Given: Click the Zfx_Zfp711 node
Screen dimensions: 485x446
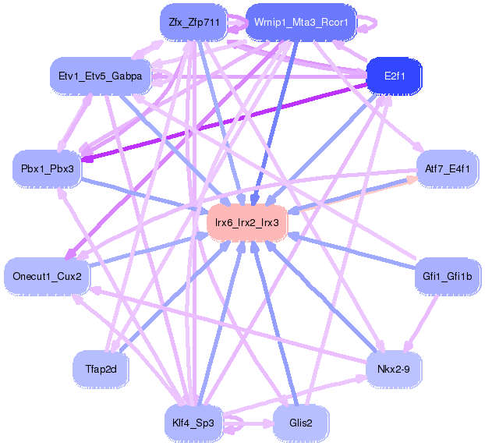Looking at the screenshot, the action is (x=193, y=23).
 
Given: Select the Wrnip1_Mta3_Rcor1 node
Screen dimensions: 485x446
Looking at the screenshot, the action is (x=301, y=23).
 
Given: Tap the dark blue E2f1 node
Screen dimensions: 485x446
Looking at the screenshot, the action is (x=394, y=76).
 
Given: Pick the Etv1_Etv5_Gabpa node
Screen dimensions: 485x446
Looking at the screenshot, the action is (x=101, y=76).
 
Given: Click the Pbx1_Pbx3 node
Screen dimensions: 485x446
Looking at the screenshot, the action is (x=47, y=169).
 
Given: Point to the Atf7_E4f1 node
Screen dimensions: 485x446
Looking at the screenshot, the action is (x=448, y=169).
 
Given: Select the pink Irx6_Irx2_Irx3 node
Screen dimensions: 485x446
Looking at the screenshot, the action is (x=247, y=222).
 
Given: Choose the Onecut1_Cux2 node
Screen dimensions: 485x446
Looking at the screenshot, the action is (x=47, y=276).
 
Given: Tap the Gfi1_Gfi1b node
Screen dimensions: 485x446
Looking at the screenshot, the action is (x=448, y=276).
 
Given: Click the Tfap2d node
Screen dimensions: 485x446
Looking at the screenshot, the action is (x=101, y=369).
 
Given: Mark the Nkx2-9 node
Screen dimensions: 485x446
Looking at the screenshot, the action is (x=394, y=369).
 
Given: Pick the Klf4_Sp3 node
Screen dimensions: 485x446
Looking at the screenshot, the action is (x=193, y=423).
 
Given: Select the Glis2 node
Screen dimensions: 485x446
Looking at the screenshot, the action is (x=301, y=423).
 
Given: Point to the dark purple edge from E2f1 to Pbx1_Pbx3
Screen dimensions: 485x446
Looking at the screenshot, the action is (x=223, y=122).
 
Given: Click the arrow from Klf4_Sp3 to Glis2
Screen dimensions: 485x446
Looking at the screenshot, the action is (x=247, y=423).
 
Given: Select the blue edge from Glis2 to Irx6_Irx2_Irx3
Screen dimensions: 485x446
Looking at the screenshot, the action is (x=274, y=323).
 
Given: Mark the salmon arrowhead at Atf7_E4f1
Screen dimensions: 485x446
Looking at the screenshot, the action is (x=412, y=181).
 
